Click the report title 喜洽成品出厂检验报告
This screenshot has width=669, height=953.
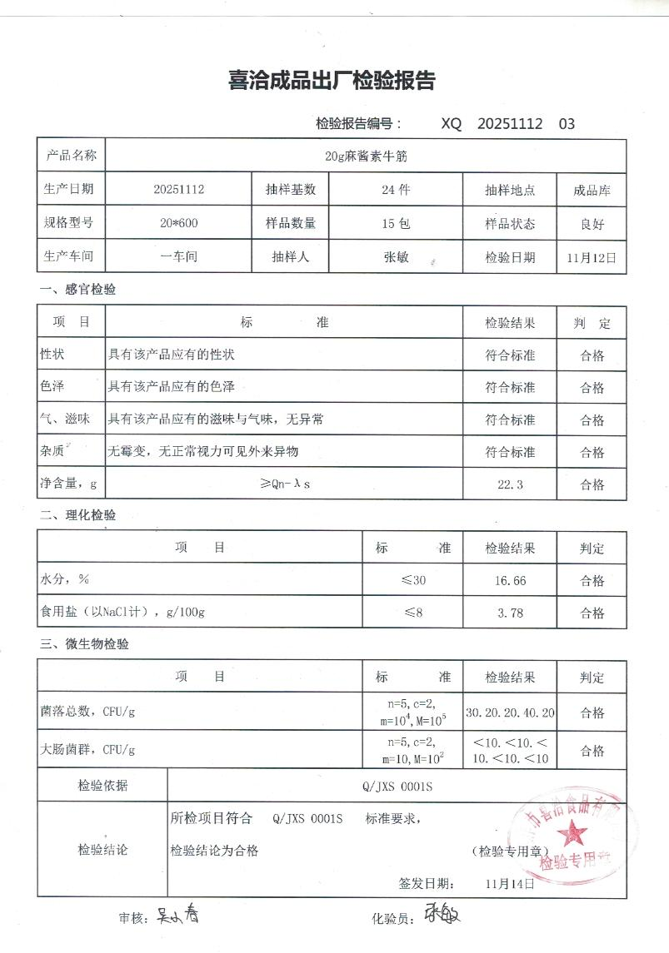tap(332, 82)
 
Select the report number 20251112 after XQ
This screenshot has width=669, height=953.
tap(510, 124)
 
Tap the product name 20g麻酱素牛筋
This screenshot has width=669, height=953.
tap(366, 156)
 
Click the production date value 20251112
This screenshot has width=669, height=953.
tap(178, 189)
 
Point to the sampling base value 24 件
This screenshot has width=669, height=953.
tap(396, 189)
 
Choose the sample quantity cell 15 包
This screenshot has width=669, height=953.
tap(396, 223)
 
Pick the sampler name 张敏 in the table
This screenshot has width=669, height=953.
tap(396, 257)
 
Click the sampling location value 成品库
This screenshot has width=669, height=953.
tap(592, 190)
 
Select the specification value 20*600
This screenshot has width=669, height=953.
tap(178, 223)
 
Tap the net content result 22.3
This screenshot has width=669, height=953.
tap(509, 484)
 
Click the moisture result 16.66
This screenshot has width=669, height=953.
tap(510, 581)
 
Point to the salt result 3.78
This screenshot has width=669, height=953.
tap(510, 613)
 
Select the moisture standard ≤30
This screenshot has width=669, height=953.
tap(413, 581)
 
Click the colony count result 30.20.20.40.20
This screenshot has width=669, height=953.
tap(511, 713)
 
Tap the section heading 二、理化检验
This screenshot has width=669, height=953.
tap(78, 515)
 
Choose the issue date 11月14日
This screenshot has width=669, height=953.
tap(509, 883)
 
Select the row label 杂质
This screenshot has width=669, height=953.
tap(53, 452)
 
